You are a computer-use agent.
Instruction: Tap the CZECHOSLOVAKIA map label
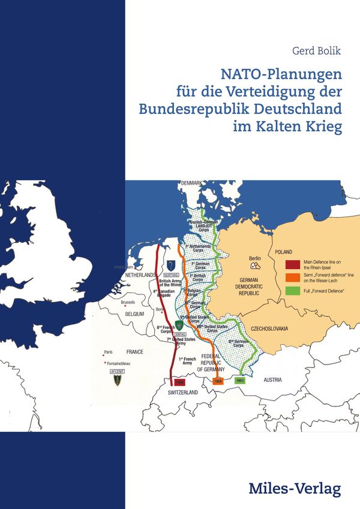point(271,329)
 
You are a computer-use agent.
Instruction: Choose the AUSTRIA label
point(273,379)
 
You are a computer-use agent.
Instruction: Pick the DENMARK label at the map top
point(192,183)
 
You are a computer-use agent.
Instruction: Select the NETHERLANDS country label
point(140,275)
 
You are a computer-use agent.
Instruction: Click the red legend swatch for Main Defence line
point(293,264)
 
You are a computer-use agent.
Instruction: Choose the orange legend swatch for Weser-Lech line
point(293,278)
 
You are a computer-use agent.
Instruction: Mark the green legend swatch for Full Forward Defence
point(293,291)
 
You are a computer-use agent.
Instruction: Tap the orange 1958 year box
point(218,381)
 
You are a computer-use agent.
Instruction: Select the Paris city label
point(108,351)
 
